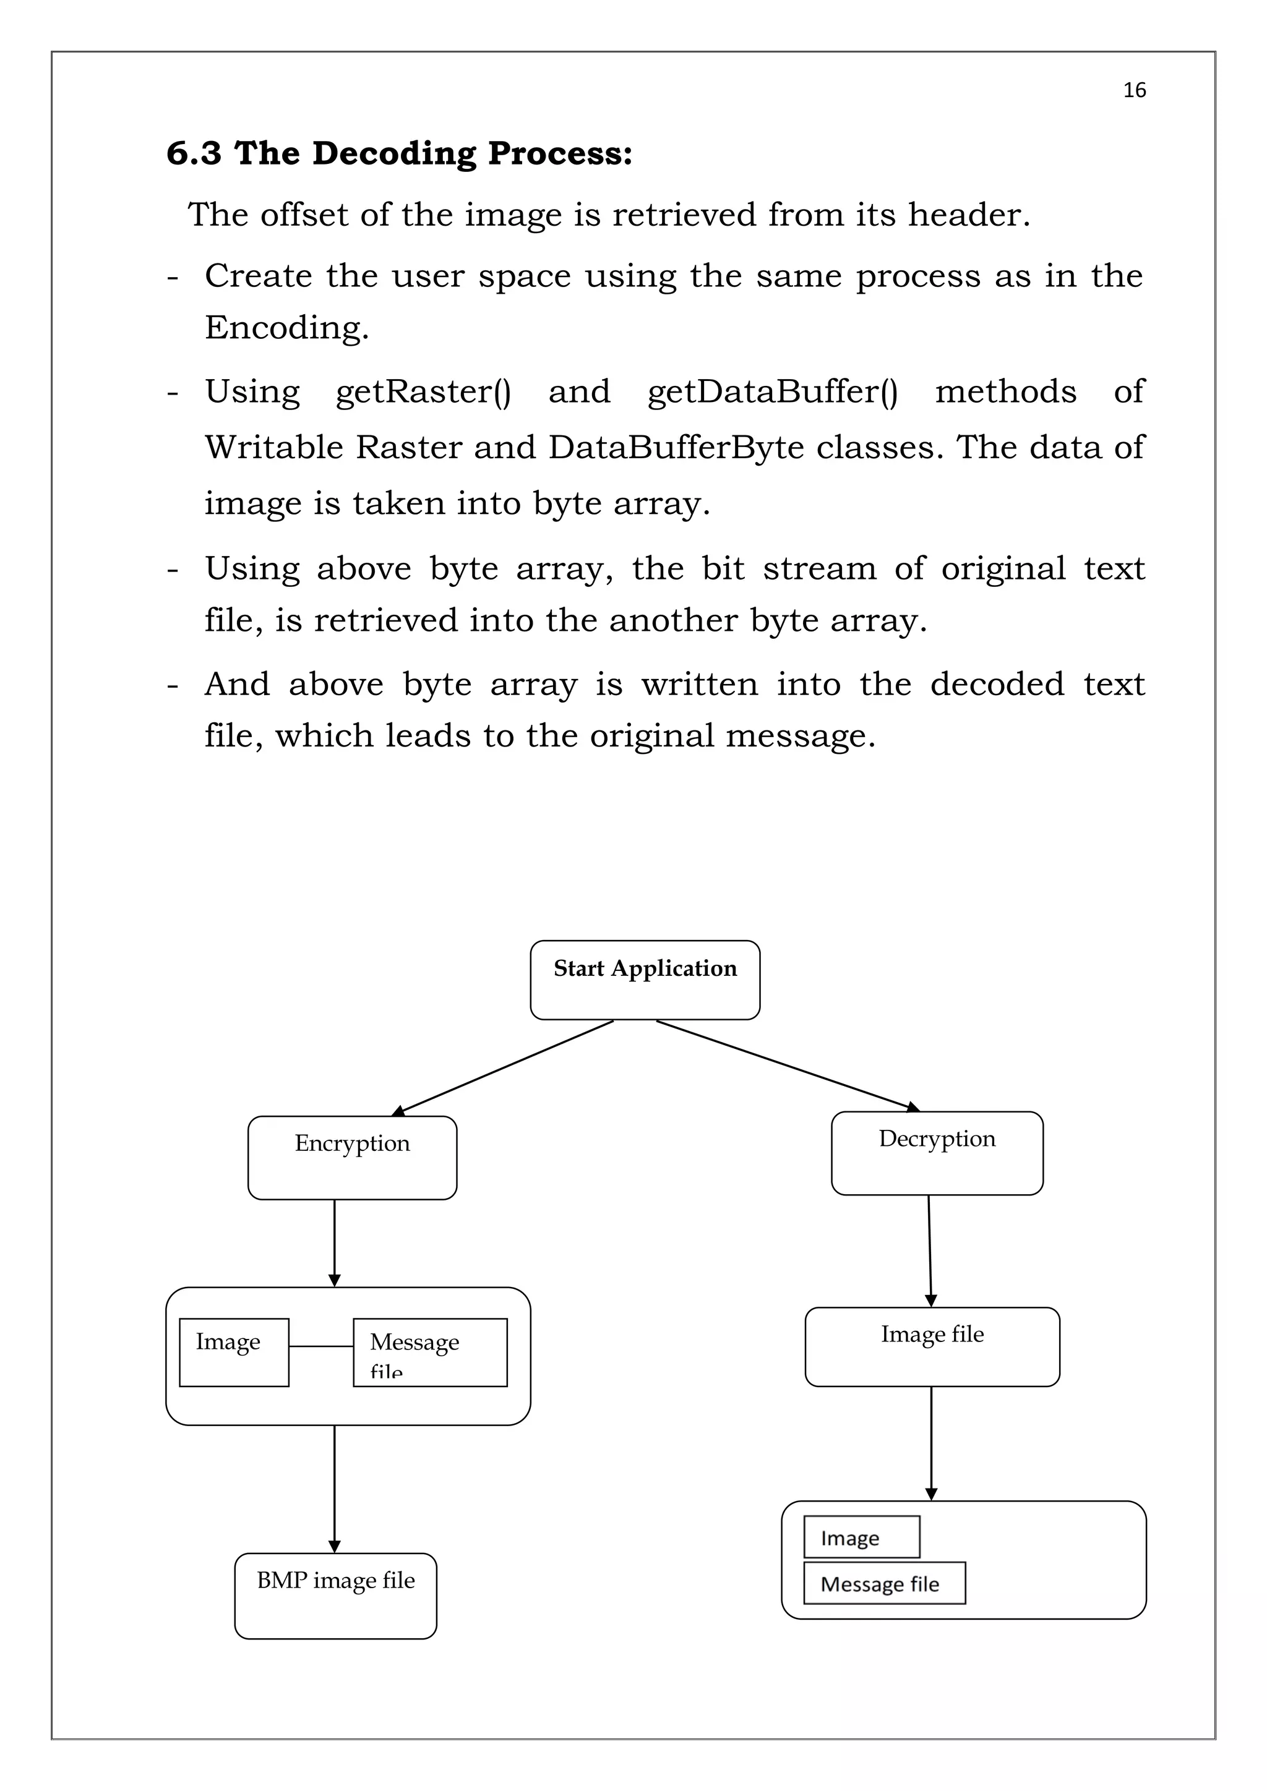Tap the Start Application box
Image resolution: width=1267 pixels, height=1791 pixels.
pos(645,980)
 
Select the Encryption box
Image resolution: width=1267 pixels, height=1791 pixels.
pos(352,1158)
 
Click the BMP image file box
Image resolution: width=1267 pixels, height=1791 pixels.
pos(335,1596)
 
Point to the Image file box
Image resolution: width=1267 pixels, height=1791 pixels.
pos(932,1347)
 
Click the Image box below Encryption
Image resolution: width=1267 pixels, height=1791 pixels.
pos(234,1353)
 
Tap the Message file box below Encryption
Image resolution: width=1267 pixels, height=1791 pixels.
pos(430,1353)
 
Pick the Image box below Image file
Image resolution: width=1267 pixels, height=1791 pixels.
pos(861,1537)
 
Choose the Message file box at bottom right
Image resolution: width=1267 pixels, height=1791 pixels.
pos(884,1583)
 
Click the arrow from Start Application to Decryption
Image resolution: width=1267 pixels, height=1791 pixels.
pos(788,1066)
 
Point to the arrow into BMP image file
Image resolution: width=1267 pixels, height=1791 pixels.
pos(335,1490)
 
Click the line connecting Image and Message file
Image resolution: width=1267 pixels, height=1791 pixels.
pos(320,1346)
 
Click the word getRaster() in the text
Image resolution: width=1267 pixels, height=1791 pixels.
pos(423,392)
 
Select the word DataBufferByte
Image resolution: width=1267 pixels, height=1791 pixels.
pos(676,448)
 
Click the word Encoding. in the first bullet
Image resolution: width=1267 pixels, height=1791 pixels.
pos(286,328)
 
